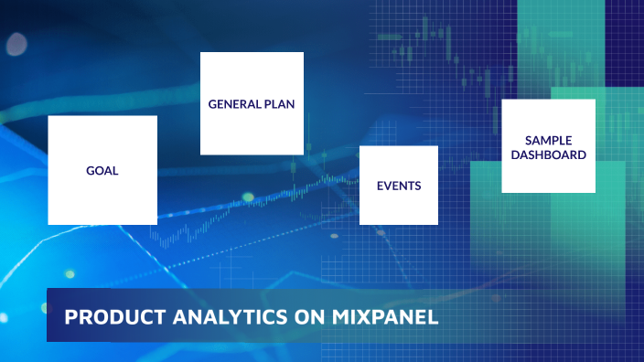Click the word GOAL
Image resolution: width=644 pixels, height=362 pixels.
click(x=102, y=171)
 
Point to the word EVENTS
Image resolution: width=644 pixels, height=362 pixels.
click(x=399, y=186)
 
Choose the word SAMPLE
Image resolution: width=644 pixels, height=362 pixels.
click(x=548, y=140)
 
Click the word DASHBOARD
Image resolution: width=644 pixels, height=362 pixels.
click(x=548, y=154)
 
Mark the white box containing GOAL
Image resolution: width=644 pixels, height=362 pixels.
click(x=102, y=197)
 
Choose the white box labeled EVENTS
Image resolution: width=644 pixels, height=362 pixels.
click(x=399, y=206)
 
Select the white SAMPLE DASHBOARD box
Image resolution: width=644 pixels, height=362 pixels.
click(x=548, y=174)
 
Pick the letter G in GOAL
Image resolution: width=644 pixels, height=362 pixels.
click(x=90, y=171)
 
